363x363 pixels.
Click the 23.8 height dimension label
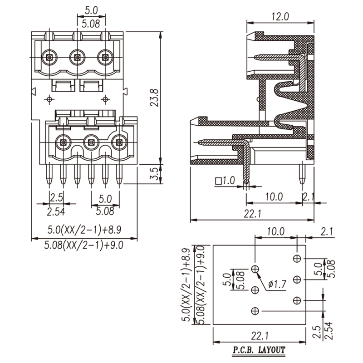click(x=154, y=98)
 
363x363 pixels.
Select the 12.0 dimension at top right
click(x=280, y=16)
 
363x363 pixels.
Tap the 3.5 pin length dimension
click(x=154, y=174)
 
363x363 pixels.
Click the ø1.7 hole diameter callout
click(x=277, y=284)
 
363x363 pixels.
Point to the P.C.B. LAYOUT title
click(x=259, y=349)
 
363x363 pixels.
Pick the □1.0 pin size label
click(x=225, y=181)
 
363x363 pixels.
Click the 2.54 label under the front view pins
click(x=56, y=211)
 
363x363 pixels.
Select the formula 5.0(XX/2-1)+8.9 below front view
click(x=84, y=230)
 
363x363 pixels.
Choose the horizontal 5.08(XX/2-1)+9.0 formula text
click(x=84, y=245)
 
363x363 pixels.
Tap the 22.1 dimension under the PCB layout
click(x=260, y=335)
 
